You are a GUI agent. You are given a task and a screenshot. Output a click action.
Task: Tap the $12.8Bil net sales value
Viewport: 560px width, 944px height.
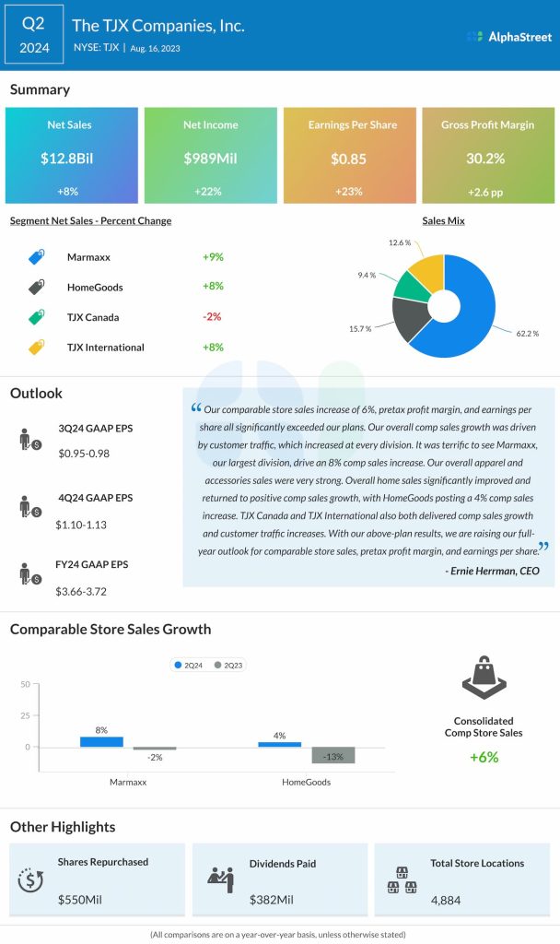point(72,159)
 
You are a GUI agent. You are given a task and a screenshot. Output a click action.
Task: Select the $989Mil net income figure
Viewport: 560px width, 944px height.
point(210,159)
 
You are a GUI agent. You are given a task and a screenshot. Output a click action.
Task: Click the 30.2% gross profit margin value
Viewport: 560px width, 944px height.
point(486,159)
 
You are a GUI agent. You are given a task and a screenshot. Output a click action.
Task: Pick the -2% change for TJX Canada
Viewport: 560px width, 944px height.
point(213,317)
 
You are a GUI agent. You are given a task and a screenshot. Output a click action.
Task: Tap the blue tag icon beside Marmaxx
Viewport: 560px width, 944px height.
point(36,257)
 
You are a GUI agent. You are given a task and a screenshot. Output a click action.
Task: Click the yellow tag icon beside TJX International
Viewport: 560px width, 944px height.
point(36,348)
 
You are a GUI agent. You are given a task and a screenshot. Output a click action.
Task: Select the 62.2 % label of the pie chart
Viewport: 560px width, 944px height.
point(529,333)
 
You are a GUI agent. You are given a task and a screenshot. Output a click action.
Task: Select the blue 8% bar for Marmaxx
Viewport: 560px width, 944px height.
point(101,741)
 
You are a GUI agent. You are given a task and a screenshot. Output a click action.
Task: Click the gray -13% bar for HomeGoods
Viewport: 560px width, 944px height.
point(333,755)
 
